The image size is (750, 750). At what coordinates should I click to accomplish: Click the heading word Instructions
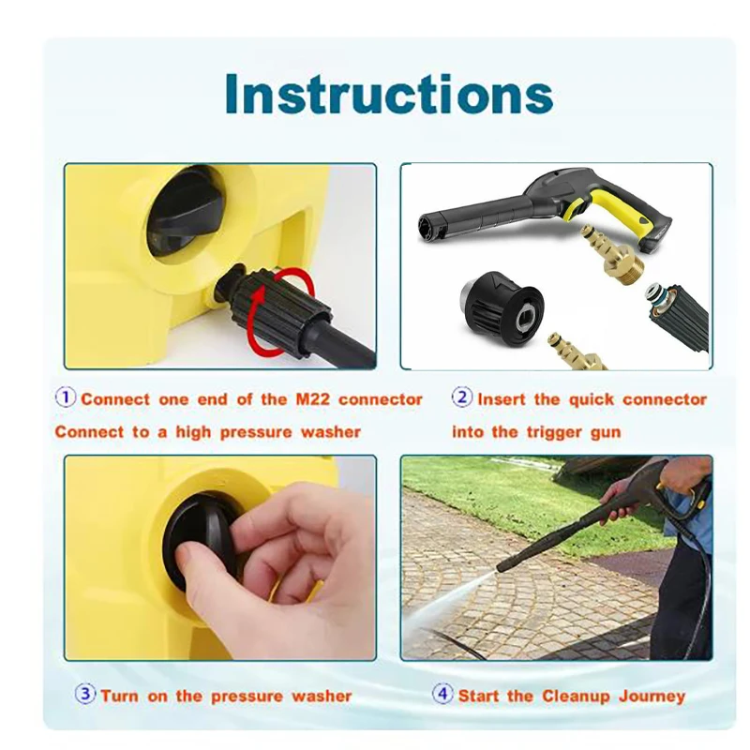389,94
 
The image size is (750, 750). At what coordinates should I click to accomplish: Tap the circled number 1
66,397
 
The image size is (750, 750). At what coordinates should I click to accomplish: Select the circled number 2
462,397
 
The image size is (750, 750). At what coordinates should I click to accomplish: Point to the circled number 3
85,694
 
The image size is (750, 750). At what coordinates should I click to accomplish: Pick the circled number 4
442,694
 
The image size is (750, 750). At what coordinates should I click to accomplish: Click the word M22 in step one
312,399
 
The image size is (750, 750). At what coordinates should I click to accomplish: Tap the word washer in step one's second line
331,432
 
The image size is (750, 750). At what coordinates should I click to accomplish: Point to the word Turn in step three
120,696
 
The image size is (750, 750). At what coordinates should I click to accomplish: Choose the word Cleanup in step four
576,697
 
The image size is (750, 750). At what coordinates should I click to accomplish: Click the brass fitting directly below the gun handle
612,255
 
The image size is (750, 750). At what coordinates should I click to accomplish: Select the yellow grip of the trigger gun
617,210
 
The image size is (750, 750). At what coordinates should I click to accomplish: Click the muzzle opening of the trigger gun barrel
427,228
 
